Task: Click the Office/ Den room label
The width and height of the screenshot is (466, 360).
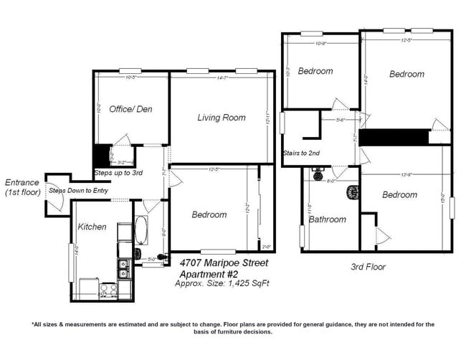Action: [x=130, y=110]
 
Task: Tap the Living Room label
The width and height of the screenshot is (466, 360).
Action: [x=222, y=118]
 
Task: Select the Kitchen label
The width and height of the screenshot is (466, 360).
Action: [x=92, y=227]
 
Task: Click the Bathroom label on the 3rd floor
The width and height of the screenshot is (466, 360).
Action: [x=327, y=219]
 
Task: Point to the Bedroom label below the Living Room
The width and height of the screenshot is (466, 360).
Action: [x=209, y=214]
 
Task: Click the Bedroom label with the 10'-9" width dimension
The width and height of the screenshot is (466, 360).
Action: [x=315, y=71]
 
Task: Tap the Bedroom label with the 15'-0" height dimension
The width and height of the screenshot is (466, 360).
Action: [x=399, y=195]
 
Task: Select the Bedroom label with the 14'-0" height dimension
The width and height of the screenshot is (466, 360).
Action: [x=406, y=74]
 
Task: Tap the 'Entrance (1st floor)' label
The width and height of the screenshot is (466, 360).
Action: [x=22, y=188]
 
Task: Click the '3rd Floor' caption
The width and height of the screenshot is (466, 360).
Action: [x=368, y=267]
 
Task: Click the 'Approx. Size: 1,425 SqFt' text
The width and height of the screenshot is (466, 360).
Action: [x=223, y=284]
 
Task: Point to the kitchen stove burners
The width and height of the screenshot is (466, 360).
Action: [x=108, y=290]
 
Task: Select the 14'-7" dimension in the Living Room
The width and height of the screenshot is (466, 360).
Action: [x=221, y=77]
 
